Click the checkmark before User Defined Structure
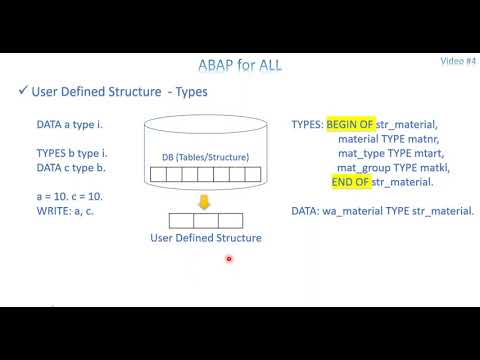(23, 93)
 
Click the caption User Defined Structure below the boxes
(205, 238)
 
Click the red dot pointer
(229, 259)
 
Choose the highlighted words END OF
(350, 182)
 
